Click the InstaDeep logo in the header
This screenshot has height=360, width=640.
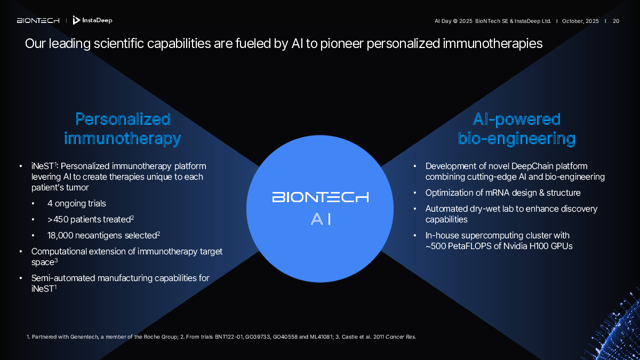(x=92, y=20)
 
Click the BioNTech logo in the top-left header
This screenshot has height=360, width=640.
(x=38, y=21)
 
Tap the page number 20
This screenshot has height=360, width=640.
(x=616, y=21)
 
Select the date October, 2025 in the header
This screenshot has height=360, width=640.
(x=580, y=21)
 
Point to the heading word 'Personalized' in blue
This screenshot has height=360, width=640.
(x=123, y=119)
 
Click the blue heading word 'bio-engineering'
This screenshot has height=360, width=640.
(x=517, y=139)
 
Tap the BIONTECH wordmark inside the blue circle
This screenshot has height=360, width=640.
(x=321, y=197)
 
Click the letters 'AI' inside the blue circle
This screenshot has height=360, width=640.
(x=321, y=219)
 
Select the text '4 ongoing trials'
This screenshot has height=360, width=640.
(x=77, y=203)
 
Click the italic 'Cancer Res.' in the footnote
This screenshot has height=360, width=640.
(x=401, y=337)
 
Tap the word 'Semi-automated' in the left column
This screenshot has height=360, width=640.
(x=63, y=278)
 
